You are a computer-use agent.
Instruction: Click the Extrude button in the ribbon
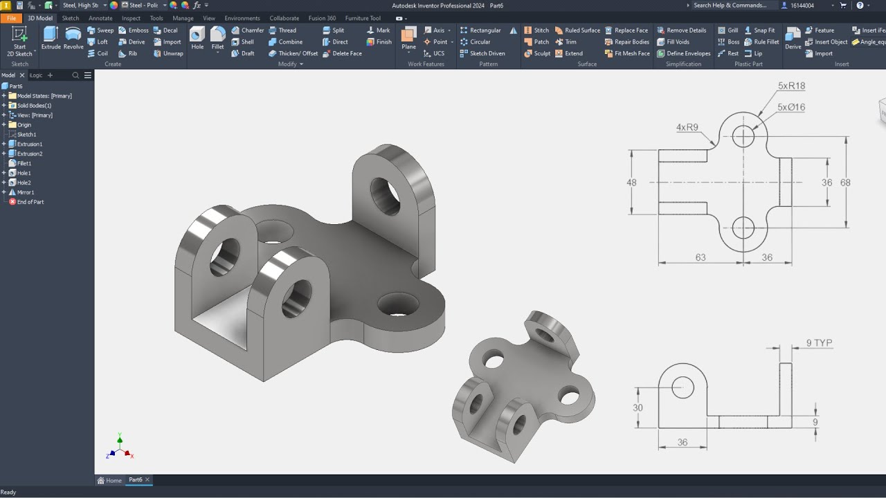[51, 38]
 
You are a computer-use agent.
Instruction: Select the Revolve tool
[73, 38]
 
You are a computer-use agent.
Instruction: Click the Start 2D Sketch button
[19, 41]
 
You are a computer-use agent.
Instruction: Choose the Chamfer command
[247, 30]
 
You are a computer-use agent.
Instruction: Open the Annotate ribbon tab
[100, 18]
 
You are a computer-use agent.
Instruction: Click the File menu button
[11, 18]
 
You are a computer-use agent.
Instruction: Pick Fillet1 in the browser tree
[24, 163]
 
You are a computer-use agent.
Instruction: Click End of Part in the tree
[30, 202]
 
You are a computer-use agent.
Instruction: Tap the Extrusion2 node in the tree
[29, 154]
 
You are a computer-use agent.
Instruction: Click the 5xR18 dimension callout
[791, 86]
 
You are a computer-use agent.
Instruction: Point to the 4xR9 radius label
[687, 127]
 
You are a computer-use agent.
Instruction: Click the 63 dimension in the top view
[700, 257]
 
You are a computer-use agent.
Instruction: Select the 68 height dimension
[845, 183]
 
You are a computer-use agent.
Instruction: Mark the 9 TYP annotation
[819, 343]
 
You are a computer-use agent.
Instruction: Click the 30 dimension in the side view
[638, 407]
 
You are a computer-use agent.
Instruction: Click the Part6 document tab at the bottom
[136, 480]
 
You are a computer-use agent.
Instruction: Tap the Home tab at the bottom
[110, 480]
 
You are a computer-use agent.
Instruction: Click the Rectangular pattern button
[485, 30]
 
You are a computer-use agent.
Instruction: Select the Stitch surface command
[536, 30]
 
